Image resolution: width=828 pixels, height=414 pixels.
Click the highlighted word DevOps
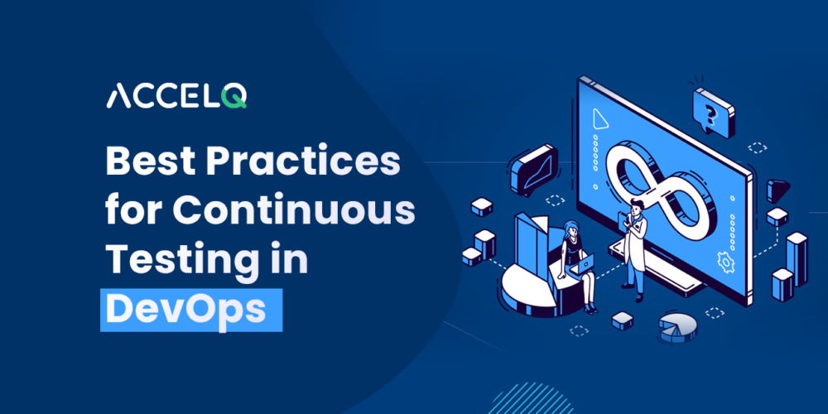coord(185,309)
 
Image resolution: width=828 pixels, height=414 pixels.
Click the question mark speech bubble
coord(713,112)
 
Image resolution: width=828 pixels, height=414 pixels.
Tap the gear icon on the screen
coord(725,262)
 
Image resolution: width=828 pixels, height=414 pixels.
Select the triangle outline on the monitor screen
coord(599,119)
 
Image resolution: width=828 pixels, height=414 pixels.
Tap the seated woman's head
coord(571,229)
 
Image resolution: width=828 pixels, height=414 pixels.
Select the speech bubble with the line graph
coord(534,168)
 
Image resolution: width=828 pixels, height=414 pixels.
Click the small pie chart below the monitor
coord(677,325)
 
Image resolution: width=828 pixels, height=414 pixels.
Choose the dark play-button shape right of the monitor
coord(777,190)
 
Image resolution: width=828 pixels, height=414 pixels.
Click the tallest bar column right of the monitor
coord(797,258)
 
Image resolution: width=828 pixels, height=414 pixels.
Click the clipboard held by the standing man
coord(623,219)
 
